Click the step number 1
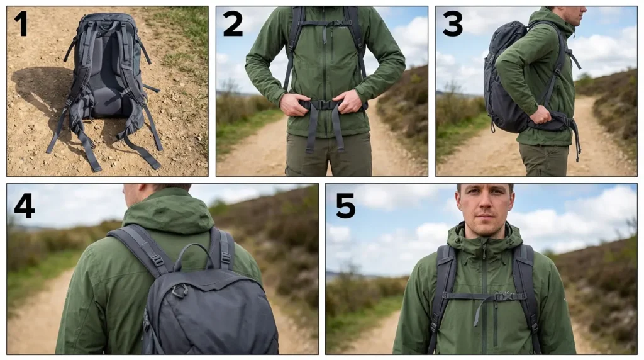point(21,23)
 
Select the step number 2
point(232,23)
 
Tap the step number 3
point(452,23)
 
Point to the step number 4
point(24,206)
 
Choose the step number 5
point(345,206)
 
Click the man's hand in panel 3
point(539,115)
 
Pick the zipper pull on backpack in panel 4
point(180,290)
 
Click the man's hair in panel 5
point(484,186)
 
